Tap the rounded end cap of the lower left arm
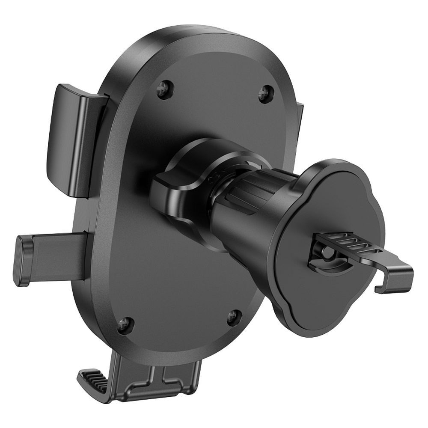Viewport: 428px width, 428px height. click(x=22, y=260)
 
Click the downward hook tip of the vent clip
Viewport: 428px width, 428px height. click(x=381, y=287)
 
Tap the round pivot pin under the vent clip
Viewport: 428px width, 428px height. click(x=326, y=253)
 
